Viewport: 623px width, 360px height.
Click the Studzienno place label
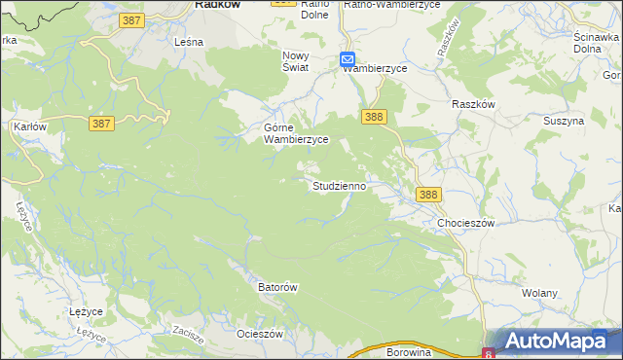pos(339,185)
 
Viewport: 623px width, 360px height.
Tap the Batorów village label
pos(276,287)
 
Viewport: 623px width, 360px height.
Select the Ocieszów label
pos(260,334)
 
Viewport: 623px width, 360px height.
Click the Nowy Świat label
pos(295,61)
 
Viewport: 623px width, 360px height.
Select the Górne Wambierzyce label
pos(297,133)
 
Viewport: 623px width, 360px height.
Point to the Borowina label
pos(408,352)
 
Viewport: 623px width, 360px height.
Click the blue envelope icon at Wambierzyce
pos(348,60)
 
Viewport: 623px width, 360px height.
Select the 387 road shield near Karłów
pos(101,124)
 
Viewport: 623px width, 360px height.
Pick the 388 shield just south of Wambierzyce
pos(375,117)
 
